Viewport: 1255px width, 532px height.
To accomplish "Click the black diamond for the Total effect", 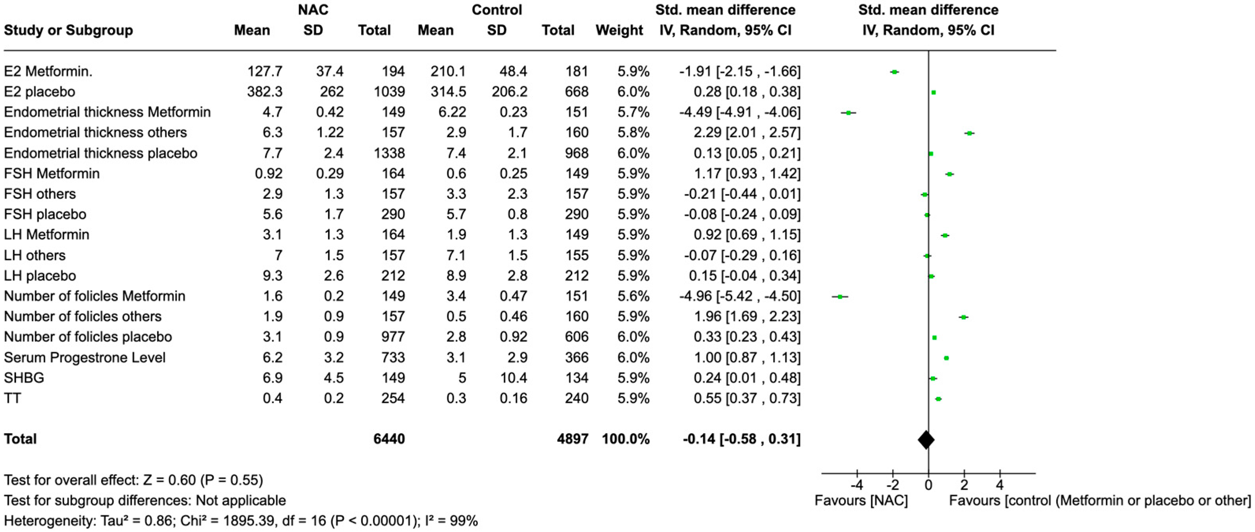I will pyautogui.click(x=926, y=439).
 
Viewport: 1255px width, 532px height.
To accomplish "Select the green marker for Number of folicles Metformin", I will pyautogui.click(x=839, y=296).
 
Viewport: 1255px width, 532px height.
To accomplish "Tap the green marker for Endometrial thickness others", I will pyautogui.click(x=969, y=133).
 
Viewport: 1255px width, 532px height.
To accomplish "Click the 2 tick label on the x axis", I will pyautogui.click(x=964, y=485).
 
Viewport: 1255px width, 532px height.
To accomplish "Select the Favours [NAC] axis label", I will pyautogui.click(x=861, y=500).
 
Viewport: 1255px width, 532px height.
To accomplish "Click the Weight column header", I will pyautogui.click(x=619, y=30).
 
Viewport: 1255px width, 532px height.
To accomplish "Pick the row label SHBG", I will pyautogui.click(x=24, y=378).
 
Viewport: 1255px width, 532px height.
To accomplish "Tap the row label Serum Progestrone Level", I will pyautogui.click(x=85, y=357).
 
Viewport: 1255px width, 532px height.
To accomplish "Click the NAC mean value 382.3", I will pyautogui.click(x=265, y=92).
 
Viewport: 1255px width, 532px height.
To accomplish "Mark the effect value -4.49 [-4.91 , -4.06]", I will pyautogui.click(x=739, y=112).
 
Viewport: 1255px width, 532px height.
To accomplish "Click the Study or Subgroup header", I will pyautogui.click(x=68, y=30).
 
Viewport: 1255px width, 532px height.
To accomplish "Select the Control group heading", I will pyautogui.click(x=496, y=10).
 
